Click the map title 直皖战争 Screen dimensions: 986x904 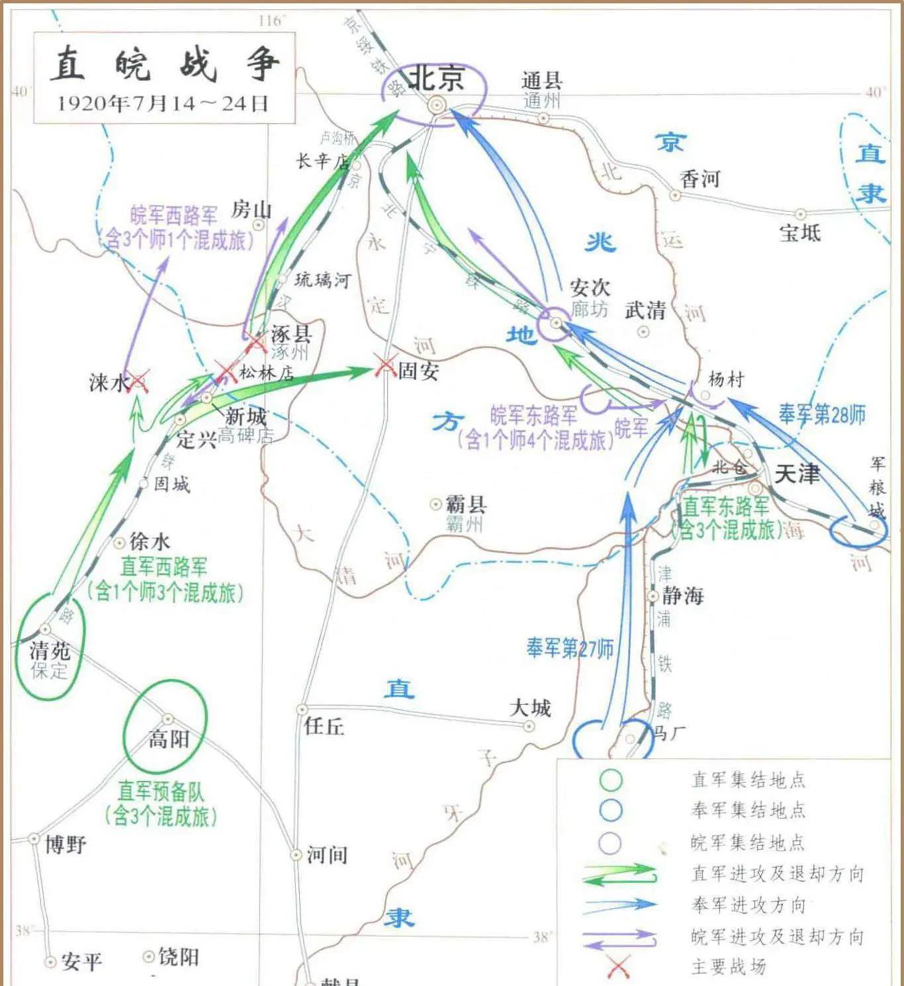pyautogui.click(x=164, y=64)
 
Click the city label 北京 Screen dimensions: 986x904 pyautogui.click(x=436, y=78)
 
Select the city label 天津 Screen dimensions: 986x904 pyautogui.click(x=796, y=474)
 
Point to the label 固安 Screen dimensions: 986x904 pyautogui.click(x=418, y=371)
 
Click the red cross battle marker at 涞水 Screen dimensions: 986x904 pyautogui.click(x=138, y=381)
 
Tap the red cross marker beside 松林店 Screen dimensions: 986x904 pyautogui.click(x=225, y=371)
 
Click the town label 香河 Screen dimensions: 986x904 pyautogui.click(x=700, y=179)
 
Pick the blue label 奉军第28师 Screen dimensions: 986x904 pyautogui.click(x=821, y=414)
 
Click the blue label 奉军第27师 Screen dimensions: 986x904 pyautogui.click(x=569, y=648)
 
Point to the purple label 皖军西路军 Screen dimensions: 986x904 pyautogui.click(x=174, y=215)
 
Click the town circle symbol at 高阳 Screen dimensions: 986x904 pyautogui.click(x=167, y=719)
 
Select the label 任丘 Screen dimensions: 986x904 pyautogui.click(x=324, y=726)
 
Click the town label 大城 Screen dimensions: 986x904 pyautogui.click(x=529, y=708)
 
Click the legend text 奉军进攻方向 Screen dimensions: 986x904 pyautogui.click(x=748, y=905)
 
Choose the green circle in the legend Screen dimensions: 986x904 pyautogui.click(x=610, y=780)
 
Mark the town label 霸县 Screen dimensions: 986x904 pyautogui.click(x=466, y=504)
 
